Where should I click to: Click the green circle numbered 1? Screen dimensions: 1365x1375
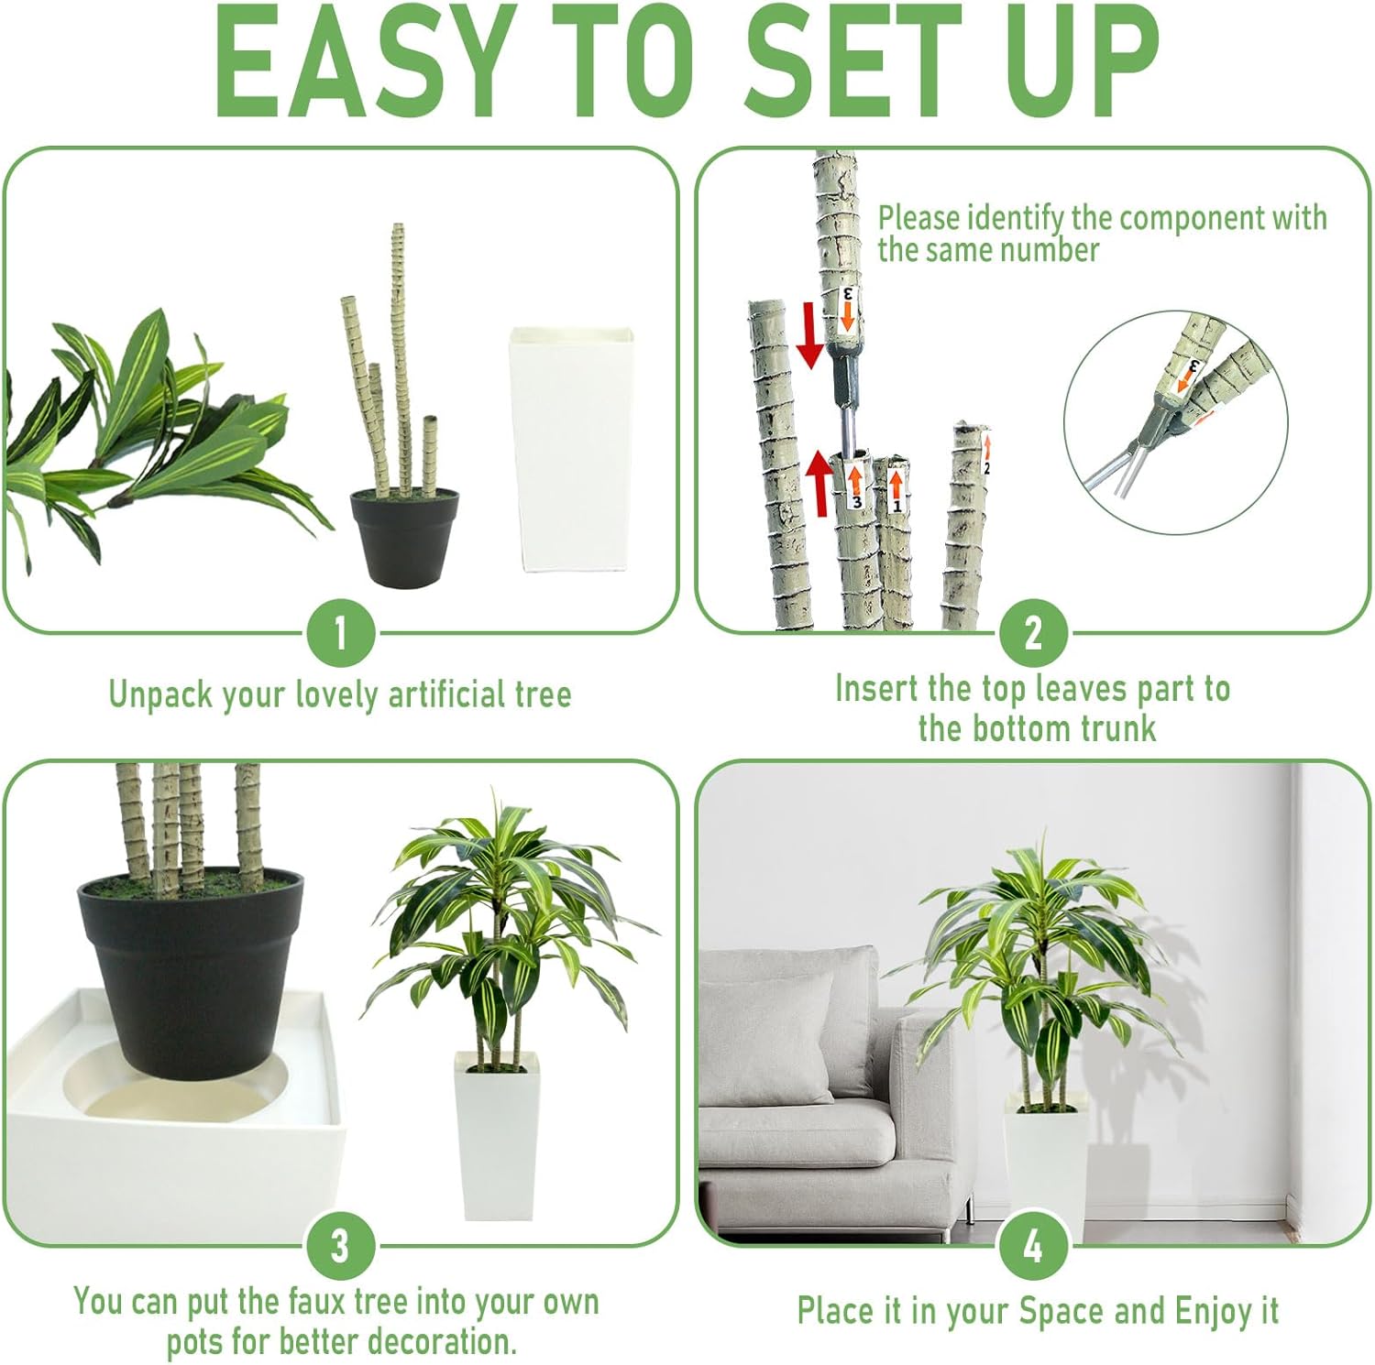tap(340, 633)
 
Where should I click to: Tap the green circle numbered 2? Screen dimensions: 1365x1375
tap(1033, 633)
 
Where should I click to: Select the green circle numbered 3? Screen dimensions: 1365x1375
tap(340, 1246)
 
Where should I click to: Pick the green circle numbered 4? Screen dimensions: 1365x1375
tap(1033, 1246)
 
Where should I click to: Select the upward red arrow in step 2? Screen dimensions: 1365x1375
tap(819, 482)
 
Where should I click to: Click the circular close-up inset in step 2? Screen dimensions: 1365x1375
tap(1176, 422)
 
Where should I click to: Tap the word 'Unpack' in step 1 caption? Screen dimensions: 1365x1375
tap(161, 695)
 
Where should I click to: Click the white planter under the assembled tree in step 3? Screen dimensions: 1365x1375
tap(497, 1136)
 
